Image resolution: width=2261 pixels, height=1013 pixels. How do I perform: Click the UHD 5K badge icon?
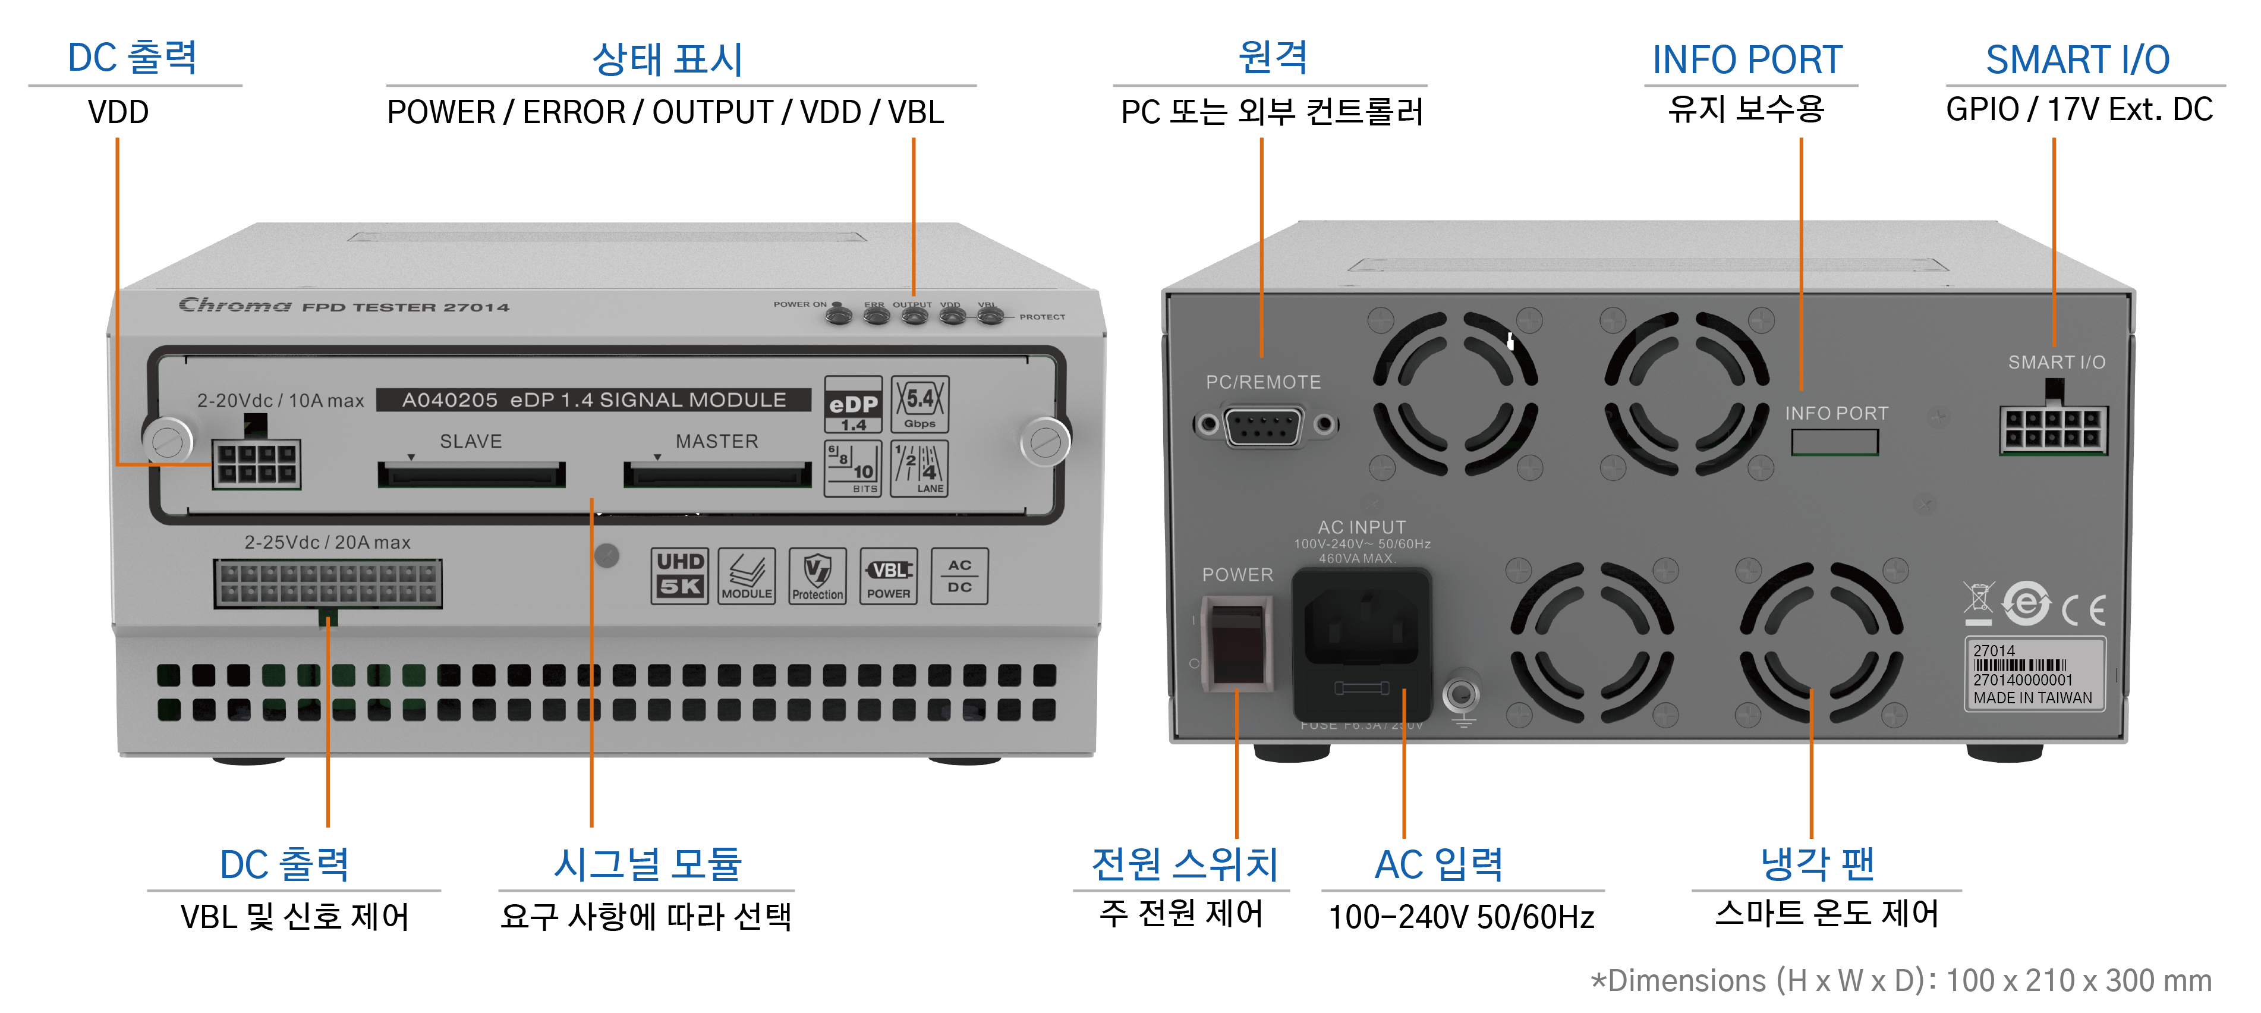(x=679, y=576)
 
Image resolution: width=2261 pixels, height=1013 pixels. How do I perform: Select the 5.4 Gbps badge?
(x=920, y=404)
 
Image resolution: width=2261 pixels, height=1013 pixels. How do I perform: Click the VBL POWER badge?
(x=888, y=576)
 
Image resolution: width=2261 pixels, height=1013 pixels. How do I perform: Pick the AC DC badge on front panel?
(x=959, y=576)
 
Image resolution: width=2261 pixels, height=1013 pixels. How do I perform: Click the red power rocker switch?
(x=1237, y=643)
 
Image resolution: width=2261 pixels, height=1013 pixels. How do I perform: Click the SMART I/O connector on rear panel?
(x=2053, y=429)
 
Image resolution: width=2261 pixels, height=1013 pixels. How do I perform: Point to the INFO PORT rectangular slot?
(x=1834, y=442)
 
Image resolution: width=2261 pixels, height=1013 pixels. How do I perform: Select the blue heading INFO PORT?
(x=1747, y=59)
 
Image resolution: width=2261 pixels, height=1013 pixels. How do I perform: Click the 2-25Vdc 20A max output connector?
(x=328, y=583)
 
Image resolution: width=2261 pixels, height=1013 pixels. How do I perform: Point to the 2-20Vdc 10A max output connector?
(x=256, y=464)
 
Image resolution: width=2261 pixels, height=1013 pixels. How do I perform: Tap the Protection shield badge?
(x=817, y=576)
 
